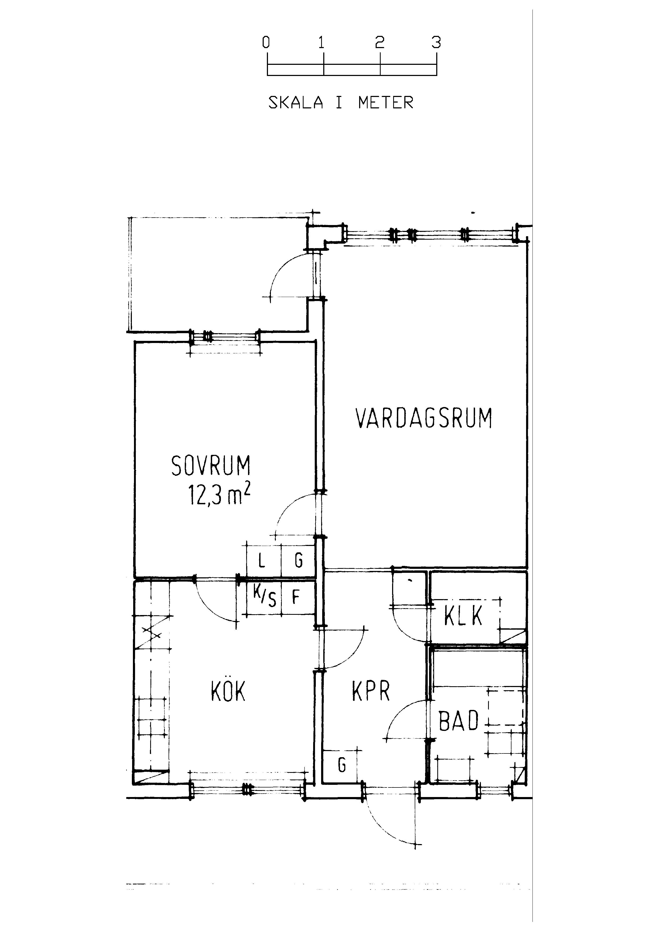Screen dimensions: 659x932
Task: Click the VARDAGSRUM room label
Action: [x=424, y=418]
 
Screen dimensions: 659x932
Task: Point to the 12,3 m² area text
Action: [x=219, y=494]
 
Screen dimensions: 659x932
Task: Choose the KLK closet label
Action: [x=463, y=615]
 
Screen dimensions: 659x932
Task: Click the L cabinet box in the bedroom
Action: [x=264, y=560]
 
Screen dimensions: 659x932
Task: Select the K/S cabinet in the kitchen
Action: [x=264, y=598]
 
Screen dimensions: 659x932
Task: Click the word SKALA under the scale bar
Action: [x=296, y=102]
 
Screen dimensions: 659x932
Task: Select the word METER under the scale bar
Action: [x=386, y=102]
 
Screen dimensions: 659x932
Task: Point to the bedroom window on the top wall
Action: [x=225, y=337]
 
